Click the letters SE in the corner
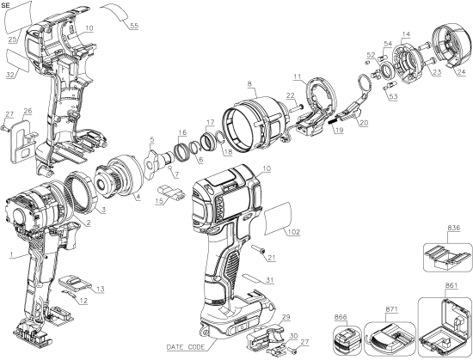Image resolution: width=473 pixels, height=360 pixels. (8, 6)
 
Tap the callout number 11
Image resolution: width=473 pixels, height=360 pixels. (297, 76)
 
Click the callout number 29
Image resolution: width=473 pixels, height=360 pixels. (286, 318)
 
